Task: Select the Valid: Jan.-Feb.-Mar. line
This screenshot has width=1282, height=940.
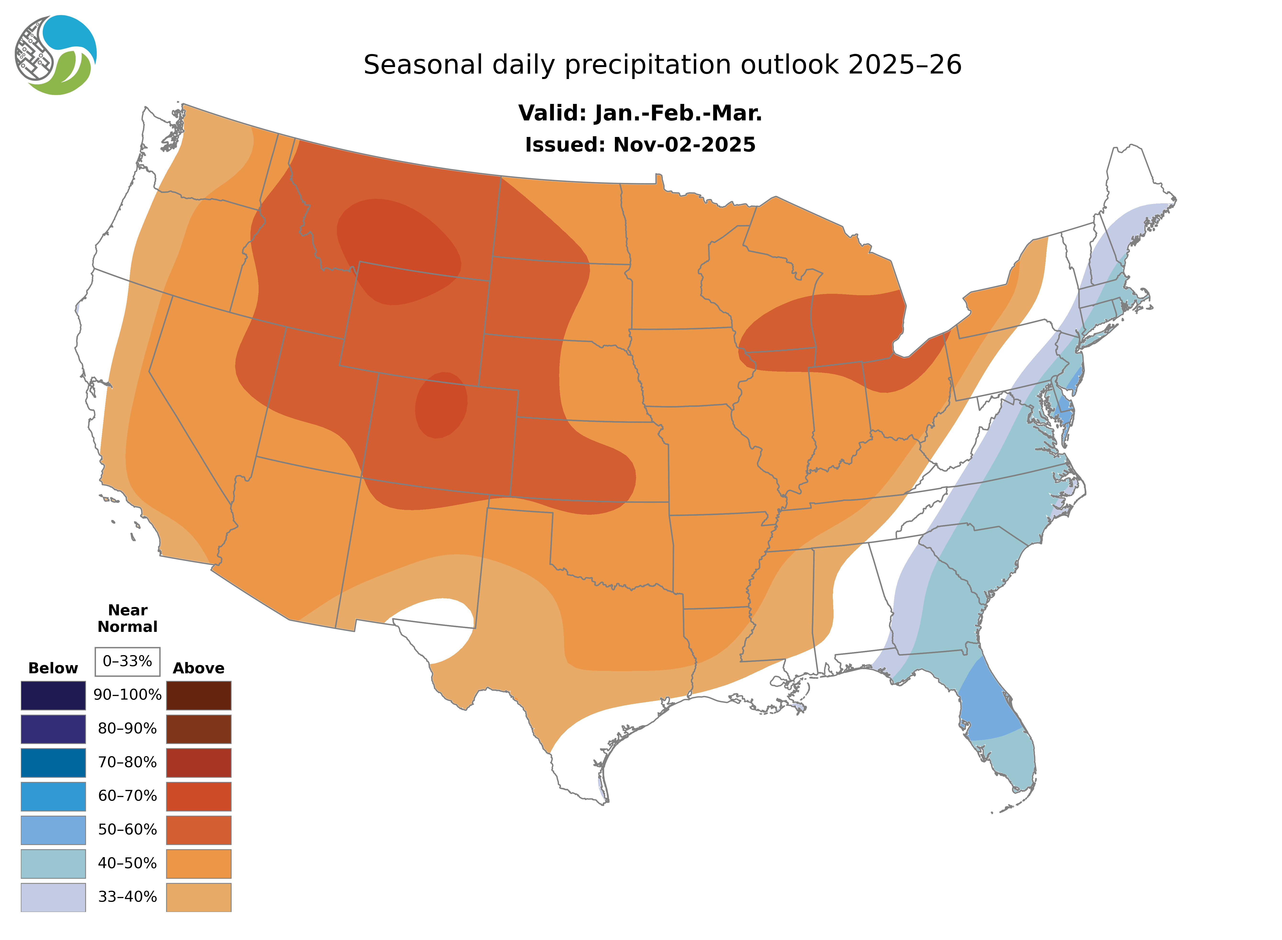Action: (x=640, y=113)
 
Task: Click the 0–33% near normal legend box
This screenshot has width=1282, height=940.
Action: (x=127, y=661)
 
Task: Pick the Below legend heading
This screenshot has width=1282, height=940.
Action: (x=53, y=668)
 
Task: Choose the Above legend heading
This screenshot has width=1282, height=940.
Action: (x=199, y=668)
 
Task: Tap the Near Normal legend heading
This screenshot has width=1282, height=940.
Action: (x=127, y=618)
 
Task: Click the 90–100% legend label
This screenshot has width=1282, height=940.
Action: (x=127, y=695)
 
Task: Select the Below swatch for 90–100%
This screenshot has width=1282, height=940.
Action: (x=53, y=695)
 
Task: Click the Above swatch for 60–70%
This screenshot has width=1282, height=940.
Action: (x=199, y=796)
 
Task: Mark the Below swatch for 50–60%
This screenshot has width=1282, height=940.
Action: (x=53, y=830)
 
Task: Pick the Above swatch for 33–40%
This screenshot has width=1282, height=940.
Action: (x=199, y=897)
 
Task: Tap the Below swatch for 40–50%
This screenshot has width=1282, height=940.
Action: (x=53, y=863)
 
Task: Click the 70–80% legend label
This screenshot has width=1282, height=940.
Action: (x=127, y=762)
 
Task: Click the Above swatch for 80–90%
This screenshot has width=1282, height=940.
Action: (x=199, y=729)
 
